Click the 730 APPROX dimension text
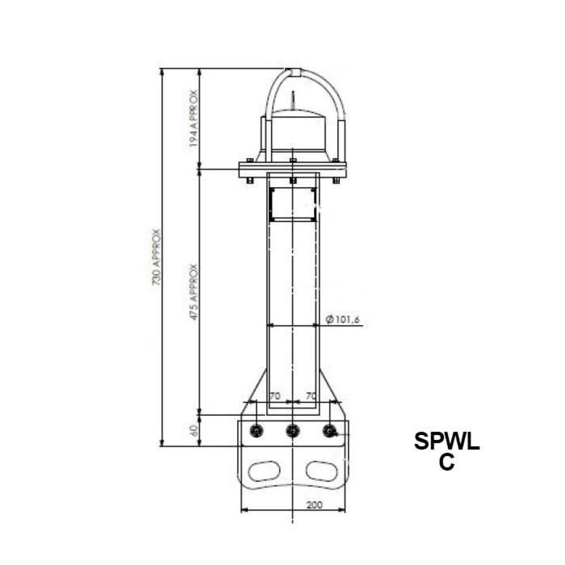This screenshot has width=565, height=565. click(157, 257)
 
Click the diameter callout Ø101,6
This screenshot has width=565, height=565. click(342, 320)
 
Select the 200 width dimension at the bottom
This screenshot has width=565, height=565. click(314, 504)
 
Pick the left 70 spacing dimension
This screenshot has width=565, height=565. click(274, 396)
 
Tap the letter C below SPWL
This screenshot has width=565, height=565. click(446, 462)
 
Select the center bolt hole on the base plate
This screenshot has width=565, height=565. click(293, 431)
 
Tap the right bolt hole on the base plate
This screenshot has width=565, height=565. click(329, 431)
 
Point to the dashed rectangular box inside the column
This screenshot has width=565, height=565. click(293, 204)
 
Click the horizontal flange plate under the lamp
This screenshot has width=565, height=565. click(293, 169)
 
